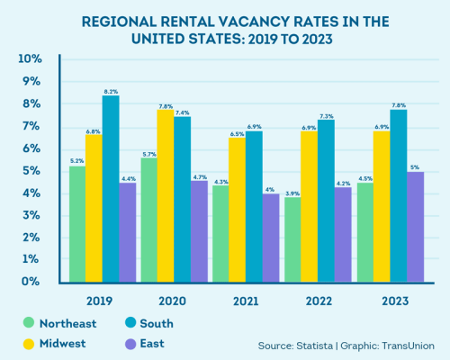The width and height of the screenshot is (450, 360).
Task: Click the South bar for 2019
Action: click(111, 189)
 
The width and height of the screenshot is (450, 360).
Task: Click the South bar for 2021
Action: click(253, 206)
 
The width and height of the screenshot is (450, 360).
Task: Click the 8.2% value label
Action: click(111, 90)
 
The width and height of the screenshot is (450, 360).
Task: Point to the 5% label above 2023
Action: click(414, 166)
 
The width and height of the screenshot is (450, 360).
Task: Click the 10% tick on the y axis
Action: click(31, 59)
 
